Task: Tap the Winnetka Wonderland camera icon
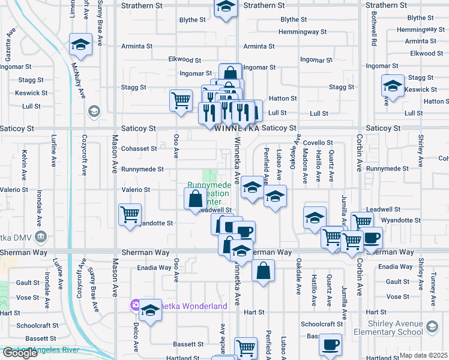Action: pyautogui.click(x=136, y=306)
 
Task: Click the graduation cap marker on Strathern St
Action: pyautogui.click(x=225, y=7)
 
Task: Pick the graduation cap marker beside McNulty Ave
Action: pyautogui.click(x=80, y=45)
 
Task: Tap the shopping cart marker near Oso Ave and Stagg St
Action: pyautogui.click(x=181, y=100)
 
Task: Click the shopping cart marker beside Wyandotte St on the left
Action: pyautogui.click(x=130, y=214)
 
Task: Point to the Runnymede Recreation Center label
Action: pyautogui.click(x=209, y=193)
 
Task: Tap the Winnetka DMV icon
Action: pyautogui.click(x=40, y=235)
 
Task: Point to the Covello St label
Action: pyautogui.click(x=318, y=143)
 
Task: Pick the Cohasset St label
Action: pyautogui.click(x=139, y=148)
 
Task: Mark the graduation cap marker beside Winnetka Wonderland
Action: pyautogui.click(x=151, y=310)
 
